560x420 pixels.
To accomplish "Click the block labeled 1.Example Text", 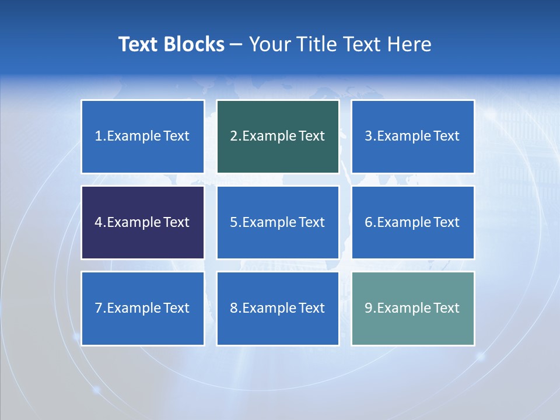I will [x=142, y=136].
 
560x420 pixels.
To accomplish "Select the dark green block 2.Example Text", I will [x=278, y=136].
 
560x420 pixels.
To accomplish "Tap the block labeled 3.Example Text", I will [x=412, y=136].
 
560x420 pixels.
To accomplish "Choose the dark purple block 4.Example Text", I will [x=142, y=222].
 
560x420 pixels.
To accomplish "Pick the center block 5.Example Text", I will [x=278, y=222].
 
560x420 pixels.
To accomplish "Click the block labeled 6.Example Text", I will [x=412, y=222].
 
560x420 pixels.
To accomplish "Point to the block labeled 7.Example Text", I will [x=142, y=308].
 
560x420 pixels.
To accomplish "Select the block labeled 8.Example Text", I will [x=278, y=308].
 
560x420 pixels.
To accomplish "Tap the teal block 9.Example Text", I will [x=412, y=308].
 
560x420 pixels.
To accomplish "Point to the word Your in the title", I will [x=268, y=44].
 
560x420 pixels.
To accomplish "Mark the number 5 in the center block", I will [x=233, y=222].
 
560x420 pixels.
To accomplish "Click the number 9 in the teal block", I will [x=369, y=308].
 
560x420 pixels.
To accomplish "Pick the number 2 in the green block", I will [x=233, y=136].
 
